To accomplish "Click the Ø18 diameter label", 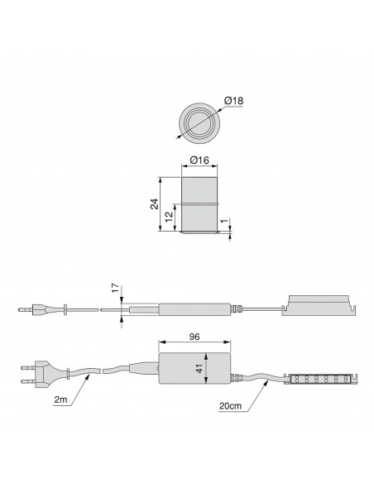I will (x=234, y=102).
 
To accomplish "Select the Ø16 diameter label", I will (x=199, y=161).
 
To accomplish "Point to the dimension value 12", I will (x=168, y=218).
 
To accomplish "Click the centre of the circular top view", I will (x=199, y=123).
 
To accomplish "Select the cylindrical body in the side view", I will (x=199, y=203).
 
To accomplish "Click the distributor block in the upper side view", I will (x=319, y=306).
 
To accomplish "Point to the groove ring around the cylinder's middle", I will (x=199, y=205).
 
